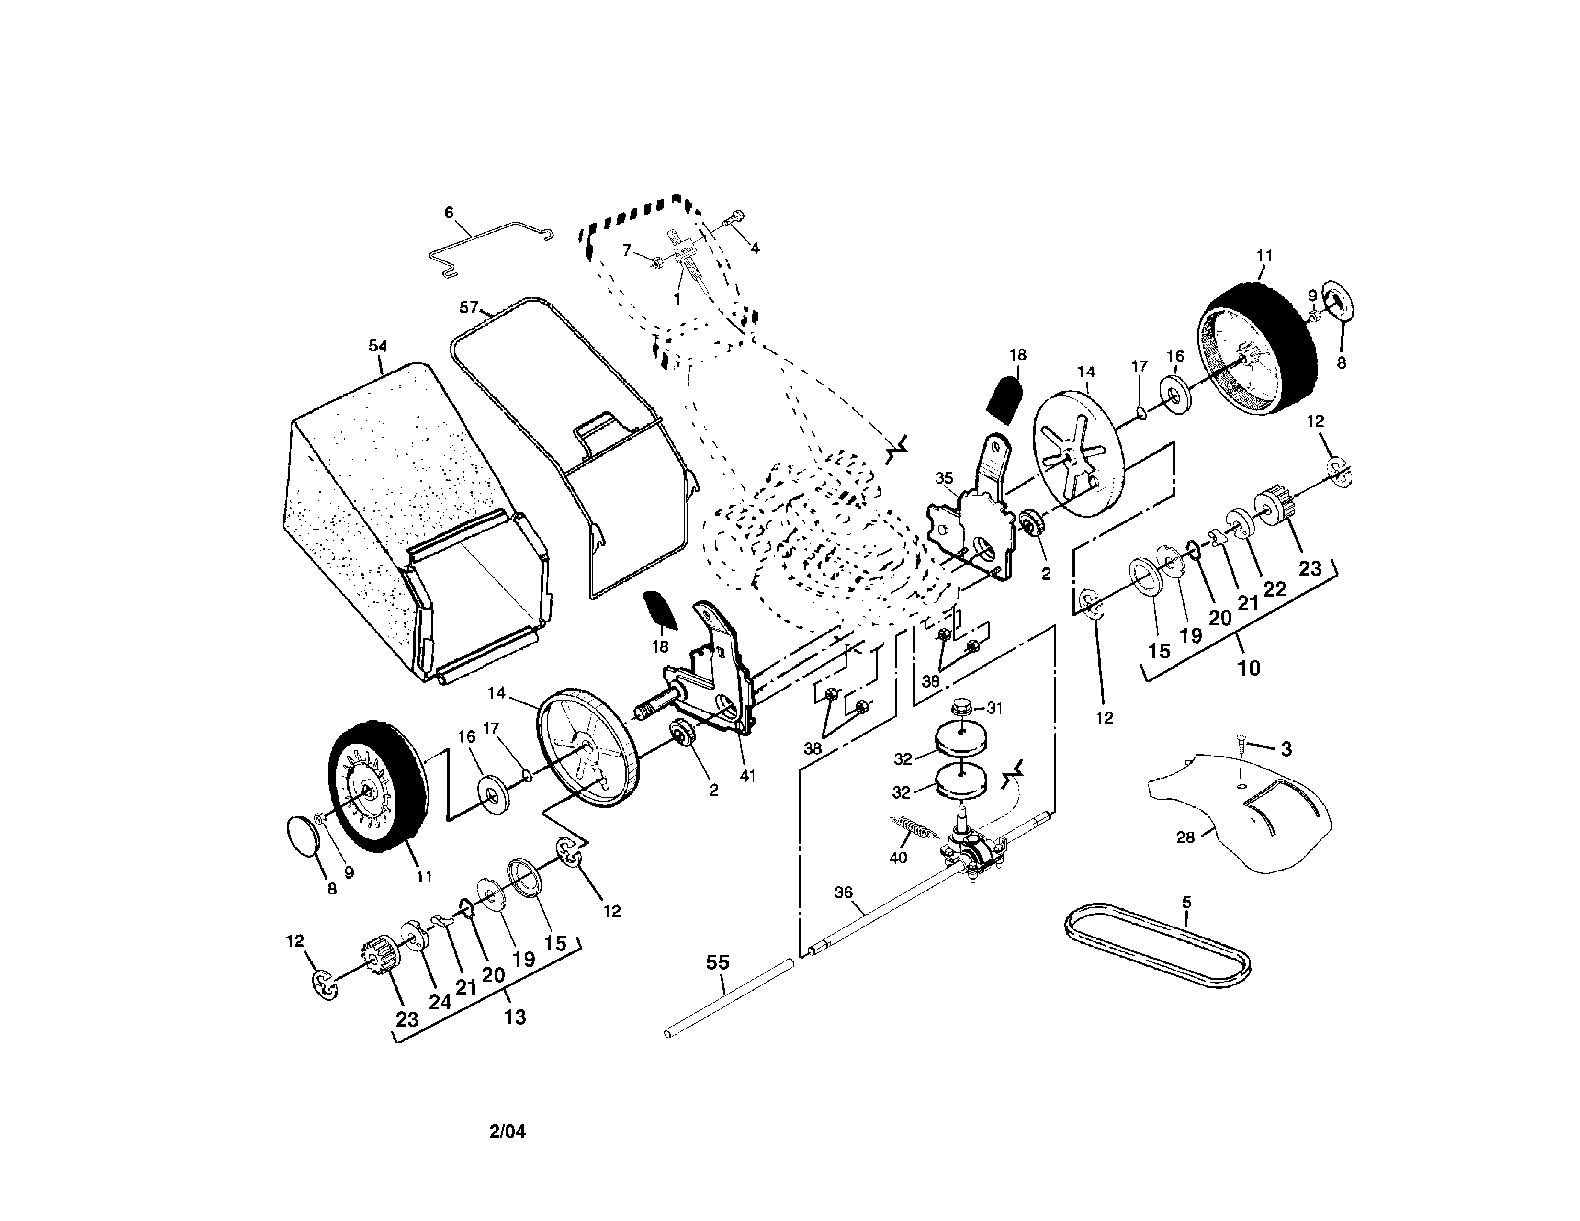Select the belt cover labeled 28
click(1252, 817)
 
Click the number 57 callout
click(469, 307)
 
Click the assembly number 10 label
click(1249, 667)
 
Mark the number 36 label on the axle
click(844, 893)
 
